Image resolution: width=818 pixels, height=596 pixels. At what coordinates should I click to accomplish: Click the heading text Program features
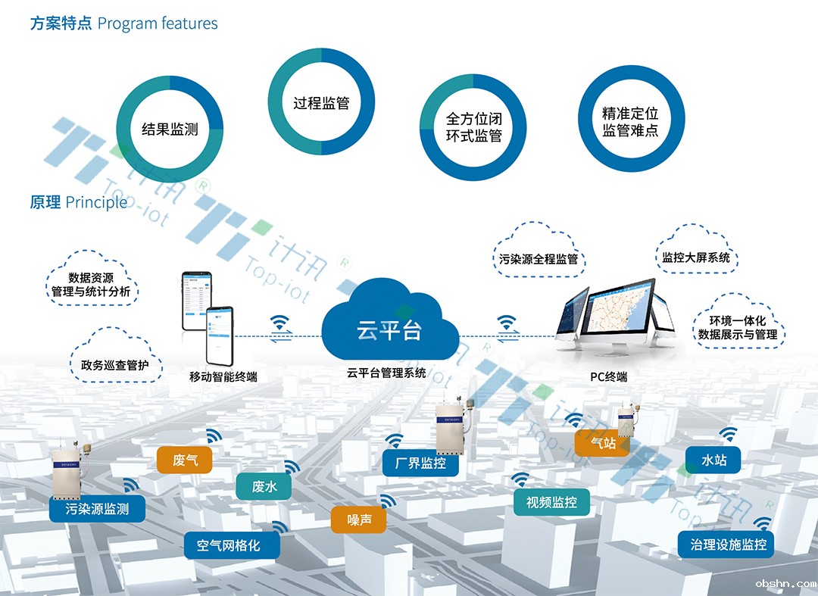pyautogui.click(x=158, y=23)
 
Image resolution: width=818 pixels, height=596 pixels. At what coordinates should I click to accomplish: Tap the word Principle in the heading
pyautogui.click(x=96, y=202)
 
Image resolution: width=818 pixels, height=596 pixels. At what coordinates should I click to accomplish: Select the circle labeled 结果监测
pyautogui.click(x=170, y=129)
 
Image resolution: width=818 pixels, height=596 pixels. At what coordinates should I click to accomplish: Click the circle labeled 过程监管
pyautogui.click(x=321, y=103)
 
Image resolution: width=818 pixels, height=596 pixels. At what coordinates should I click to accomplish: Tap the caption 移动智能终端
pyautogui.click(x=223, y=376)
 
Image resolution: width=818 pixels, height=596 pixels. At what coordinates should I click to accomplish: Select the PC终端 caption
pyautogui.click(x=609, y=376)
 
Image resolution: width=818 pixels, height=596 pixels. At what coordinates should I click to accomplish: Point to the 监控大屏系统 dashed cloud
pyautogui.click(x=696, y=257)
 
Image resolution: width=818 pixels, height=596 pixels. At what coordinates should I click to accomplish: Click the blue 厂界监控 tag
pyautogui.click(x=420, y=463)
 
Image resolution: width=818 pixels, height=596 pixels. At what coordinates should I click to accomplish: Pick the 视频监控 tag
pyautogui.click(x=551, y=502)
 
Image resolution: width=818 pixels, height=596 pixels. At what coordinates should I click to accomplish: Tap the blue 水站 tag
pyautogui.click(x=713, y=460)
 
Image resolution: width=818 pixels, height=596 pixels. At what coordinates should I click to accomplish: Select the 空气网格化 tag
pyautogui.click(x=228, y=545)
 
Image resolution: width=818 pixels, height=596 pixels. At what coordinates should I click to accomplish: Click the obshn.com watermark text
pyautogui.click(x=785, y=584)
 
